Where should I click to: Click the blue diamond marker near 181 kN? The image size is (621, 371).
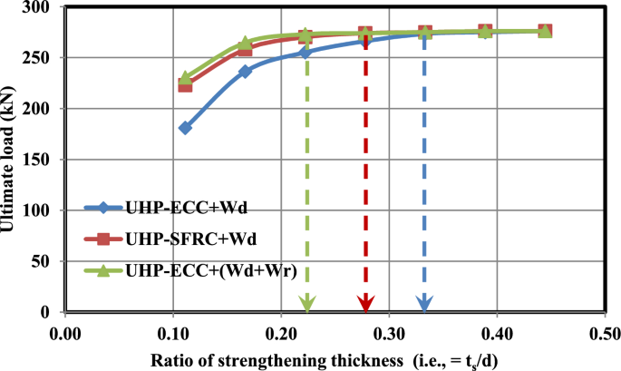click(x=185, y=128)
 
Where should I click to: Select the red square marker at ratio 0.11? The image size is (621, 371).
click(x=185, y=84)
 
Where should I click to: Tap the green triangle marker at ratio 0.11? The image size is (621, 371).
click(x=185, y=78)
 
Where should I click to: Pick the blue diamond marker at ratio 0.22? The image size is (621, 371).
click(x=306, y=52)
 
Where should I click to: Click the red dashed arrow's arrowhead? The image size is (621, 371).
click(x=365, y=303)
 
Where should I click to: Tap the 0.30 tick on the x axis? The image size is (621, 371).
click(x=389, y=330)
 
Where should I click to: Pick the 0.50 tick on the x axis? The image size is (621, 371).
click(x=605, y=330)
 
